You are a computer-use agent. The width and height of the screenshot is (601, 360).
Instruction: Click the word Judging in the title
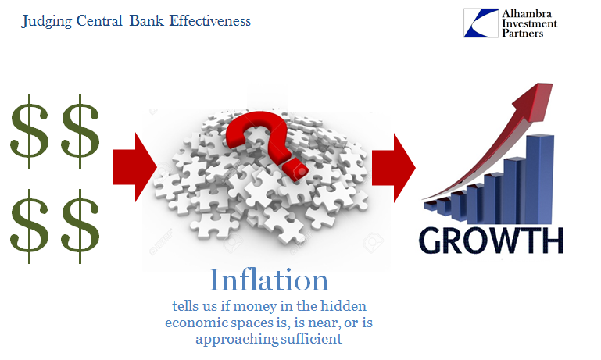(x=46, y=21)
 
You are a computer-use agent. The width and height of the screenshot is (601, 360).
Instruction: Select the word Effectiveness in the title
(x=209, y=20)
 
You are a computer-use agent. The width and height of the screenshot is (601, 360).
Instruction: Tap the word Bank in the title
(x=146, y=20)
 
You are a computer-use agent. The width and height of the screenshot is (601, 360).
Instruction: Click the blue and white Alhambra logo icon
(x=481, y=23)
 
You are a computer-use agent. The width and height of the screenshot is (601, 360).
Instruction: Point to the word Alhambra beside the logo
(x=527, y=14)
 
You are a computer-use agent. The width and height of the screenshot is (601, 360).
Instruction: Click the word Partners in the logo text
(x=522, y=34)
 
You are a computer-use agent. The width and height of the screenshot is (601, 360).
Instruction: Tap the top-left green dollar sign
(x=30, y=132)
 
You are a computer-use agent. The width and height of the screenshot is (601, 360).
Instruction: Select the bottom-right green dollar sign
(x=80, y=226)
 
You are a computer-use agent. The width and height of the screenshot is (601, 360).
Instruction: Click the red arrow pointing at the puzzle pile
(x=135, y=167)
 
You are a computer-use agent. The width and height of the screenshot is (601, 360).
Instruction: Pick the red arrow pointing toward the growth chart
(x=394, y=168)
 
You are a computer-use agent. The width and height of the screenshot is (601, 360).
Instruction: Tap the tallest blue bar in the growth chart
(x=540, y=180)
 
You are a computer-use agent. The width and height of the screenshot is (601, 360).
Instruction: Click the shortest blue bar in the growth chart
(x=431, y=205)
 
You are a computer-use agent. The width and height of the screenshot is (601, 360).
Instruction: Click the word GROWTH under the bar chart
(x=492, y=240)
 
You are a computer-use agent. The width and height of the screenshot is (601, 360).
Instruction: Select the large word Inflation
(x=269, y=280)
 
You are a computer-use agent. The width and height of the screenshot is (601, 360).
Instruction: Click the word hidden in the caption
(x=343, y=306)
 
